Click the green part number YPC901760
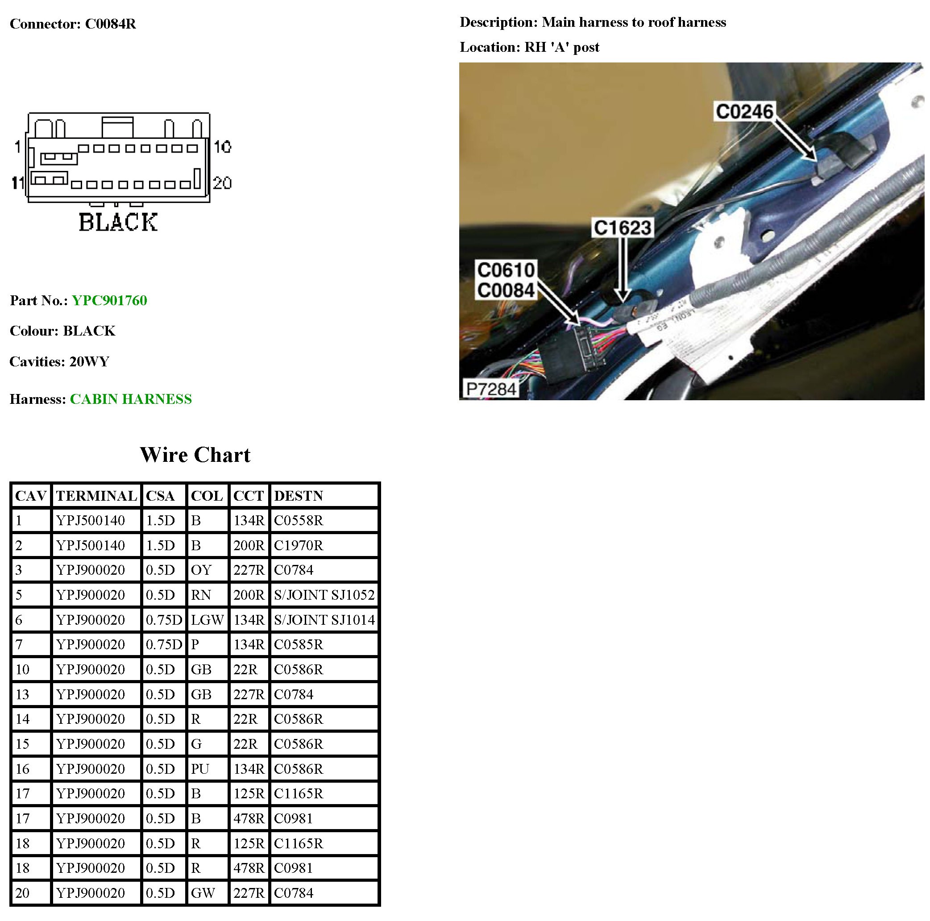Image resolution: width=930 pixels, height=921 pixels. pyautogui.click(x=109, y=300)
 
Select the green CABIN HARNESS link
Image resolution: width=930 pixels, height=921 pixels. pyautogui.click(x=130, y=399)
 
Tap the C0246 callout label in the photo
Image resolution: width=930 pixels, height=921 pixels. pyautogui.click(x=744, y=112)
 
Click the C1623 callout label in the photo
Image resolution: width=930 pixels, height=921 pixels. pyautogui.click(x=623, y=228)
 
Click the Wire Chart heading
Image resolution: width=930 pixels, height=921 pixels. pyautogui.click(x=195, y=455)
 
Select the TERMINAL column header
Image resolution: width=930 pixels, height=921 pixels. pyautogui.click(x=96, y=496)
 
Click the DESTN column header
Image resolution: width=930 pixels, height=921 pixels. pyautogui.click(x=299, y=496)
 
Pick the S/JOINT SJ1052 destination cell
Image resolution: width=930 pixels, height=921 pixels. pyautogui.click(x=324, y=595)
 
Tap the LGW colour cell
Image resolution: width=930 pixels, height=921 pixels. pyautogui.click(x=207, y=620)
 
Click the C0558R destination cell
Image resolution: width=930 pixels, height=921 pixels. pyautogui.click(x=299, y=520)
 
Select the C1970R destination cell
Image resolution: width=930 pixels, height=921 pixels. pyautogui.click(x=299, y=545)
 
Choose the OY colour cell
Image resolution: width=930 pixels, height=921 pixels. pyautogui.click(x=201, y=570)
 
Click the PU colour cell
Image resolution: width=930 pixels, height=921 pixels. pyautogui.click(x=200, y=769)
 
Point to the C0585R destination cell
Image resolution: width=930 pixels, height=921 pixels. pyautogui.click(x=299, y=645)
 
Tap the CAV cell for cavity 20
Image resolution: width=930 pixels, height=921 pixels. pyautogui.click(x=23, y=893)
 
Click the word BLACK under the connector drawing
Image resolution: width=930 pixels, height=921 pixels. pyautogui.click(x=118, y=222)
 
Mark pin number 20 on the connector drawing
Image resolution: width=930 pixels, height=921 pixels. pyautogui.click(x=222, y=183)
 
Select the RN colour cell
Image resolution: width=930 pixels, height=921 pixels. pyautogui.click(x=201, y=595)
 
